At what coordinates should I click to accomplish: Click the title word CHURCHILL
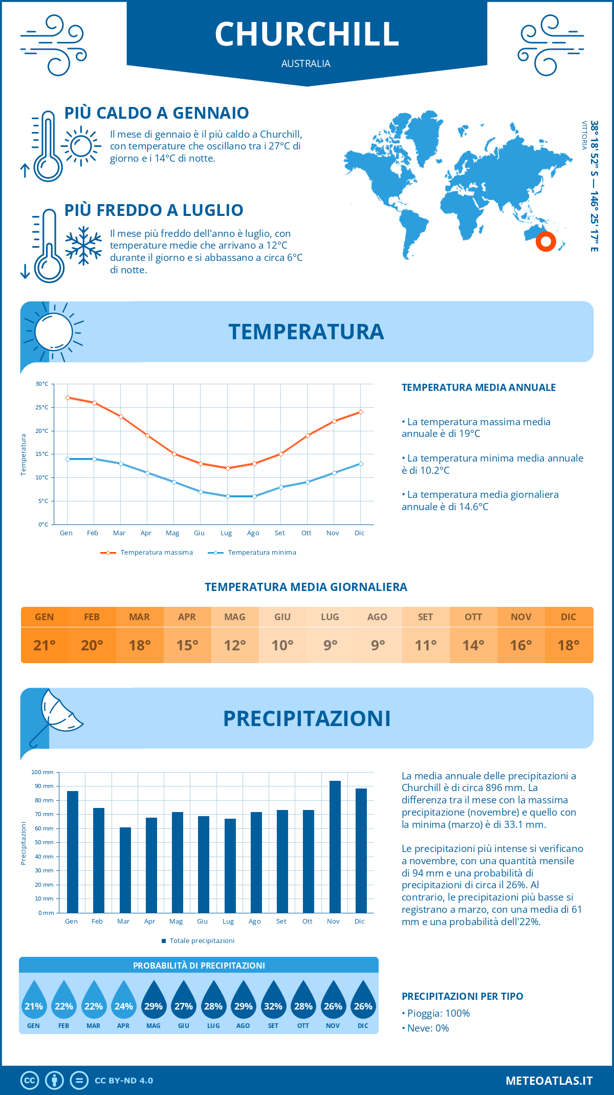pyautogui.click(x=306, y=34)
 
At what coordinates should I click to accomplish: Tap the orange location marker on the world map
pyautogui.click(x=546, y=241)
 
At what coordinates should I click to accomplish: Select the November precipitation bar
pyautogui.click(x=335, y=846)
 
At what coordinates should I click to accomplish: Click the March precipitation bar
pyautogui.click(x=125, y=870)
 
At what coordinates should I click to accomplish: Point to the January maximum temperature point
pyautogui.click(x=68, y=398)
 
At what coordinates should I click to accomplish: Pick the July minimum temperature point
pyautogui.click(x=228, y=496)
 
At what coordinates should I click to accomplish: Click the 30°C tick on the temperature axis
pyautogui.click(x=42, y=384)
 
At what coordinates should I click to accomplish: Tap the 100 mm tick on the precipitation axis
pyautogui.click(x=42, y=772)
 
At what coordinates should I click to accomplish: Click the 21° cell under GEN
pyautogui.click(x=45, y=645)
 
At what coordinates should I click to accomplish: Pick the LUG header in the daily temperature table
pyautogui.click(x=330, y=617)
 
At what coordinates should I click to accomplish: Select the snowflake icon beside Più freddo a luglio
pyautogui.click(x=83, y=246)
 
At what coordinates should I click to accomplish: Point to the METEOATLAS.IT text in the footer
pyautogui.click(x=549, y=1080)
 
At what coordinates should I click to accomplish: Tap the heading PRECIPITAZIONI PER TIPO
pyautogui.click(x=462, y=996)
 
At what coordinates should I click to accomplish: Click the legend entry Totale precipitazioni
pyautogui.click(x=202, y=940)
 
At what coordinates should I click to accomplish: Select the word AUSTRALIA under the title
pyautogui.click(x=306, y=64)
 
